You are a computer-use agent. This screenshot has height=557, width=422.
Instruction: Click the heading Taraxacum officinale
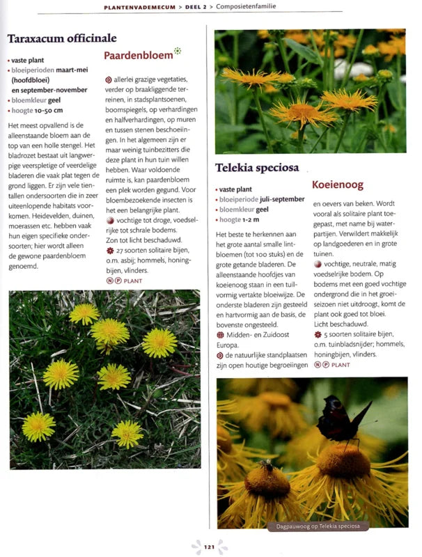tap(61, 38)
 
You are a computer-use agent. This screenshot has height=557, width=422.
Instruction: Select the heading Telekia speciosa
tap(257, 168)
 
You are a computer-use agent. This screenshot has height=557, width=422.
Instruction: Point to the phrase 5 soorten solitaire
tap(353, 334)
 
